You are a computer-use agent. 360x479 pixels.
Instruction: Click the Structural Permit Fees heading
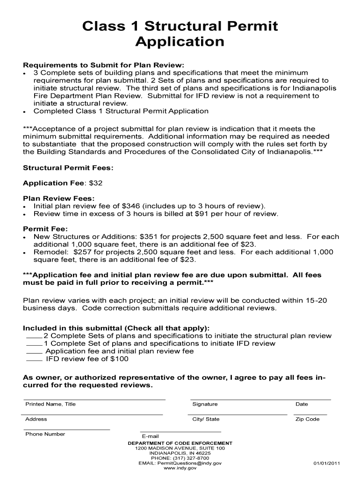point(68,167)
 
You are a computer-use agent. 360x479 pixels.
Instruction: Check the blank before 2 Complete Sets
point(34,336)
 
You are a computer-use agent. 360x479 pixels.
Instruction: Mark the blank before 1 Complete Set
point(34,344)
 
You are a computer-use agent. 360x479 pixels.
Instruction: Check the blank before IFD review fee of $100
point(34,359)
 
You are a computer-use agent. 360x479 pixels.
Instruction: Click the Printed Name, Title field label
point(50,404)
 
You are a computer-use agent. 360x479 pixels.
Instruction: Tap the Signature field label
point(205,404)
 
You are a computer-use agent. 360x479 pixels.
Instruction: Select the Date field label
point(302,404)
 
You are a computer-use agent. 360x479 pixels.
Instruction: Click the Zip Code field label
point(307,419)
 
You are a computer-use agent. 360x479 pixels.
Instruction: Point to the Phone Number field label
point(45,434)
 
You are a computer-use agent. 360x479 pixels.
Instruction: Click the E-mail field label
point(151,436)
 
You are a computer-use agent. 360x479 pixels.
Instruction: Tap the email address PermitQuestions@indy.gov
point(190,463)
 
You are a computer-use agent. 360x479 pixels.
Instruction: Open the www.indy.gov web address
point(180,468)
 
